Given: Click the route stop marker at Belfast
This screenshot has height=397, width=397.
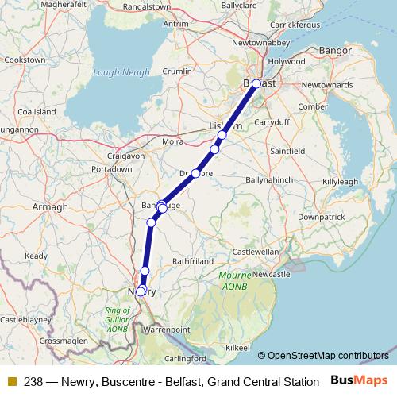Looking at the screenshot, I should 256,83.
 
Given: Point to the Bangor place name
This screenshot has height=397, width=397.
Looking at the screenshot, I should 329,51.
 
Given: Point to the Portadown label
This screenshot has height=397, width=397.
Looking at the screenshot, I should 111,169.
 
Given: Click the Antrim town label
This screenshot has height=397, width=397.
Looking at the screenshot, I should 175,24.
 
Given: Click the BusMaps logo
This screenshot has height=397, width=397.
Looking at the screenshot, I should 360,381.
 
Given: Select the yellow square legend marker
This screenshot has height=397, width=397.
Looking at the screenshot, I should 11,382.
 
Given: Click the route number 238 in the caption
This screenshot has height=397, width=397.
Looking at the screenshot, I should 34,382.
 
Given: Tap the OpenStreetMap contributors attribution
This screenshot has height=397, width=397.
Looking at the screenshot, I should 328,356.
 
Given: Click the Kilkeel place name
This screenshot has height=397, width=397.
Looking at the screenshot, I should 238,348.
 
